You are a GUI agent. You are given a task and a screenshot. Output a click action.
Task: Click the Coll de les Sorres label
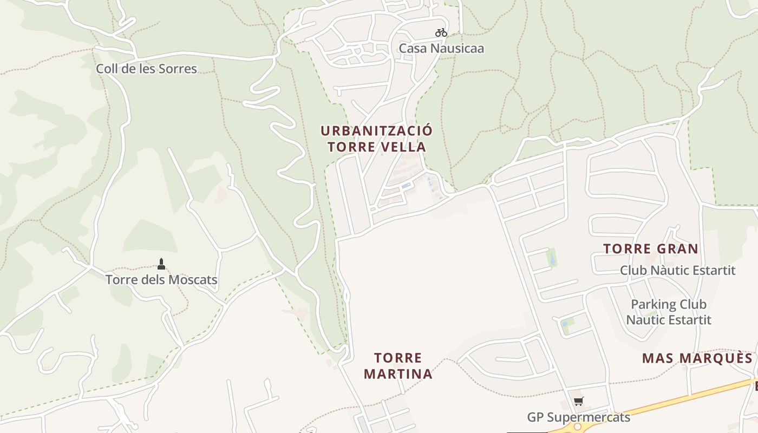click(x=146, y=69)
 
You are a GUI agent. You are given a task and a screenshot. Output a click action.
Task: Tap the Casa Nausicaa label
click(x=441, y=48)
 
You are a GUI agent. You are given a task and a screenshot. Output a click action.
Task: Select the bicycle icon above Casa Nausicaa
click(x=441, y=32)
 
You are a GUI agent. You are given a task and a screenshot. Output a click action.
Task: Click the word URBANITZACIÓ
click(x=377, y=131)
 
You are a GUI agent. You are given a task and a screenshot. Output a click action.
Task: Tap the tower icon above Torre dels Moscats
click(x=161, y=264)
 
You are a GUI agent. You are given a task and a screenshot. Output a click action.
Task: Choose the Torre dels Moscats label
click(x=161, y=280)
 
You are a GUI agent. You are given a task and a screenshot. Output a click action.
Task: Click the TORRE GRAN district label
click(x=651, y=249)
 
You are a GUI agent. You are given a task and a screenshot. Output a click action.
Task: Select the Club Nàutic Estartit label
click(x=677, y=270)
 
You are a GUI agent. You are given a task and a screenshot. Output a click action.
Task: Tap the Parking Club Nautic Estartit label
click(x=669, y=312)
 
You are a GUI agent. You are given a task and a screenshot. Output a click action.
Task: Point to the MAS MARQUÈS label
click(x=697, y=358)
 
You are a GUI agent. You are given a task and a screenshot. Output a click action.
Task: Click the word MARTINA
click(x=398, y=374)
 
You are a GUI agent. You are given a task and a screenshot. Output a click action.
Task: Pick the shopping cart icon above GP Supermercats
click(x=579, y=402)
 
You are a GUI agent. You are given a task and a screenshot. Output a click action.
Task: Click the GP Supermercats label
click(x=579, y=417)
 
